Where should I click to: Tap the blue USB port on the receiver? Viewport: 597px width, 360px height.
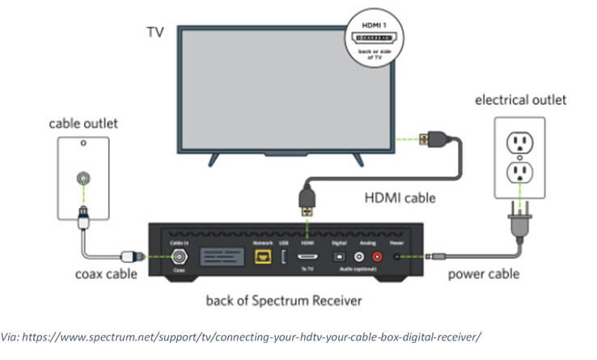click(x=285, y=256)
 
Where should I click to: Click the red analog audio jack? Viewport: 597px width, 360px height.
click(x=377, y=256)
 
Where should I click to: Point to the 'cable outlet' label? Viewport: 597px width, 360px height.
click(x=83, y=124)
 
